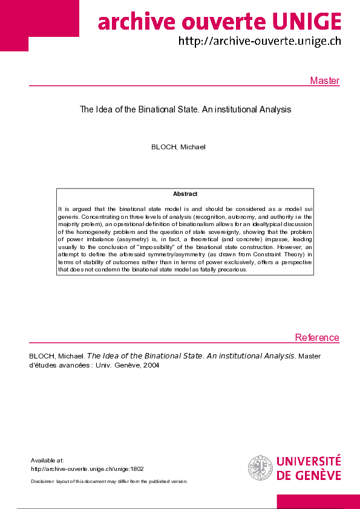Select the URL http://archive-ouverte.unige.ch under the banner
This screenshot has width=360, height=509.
pyautogui.click(x=259, y=41)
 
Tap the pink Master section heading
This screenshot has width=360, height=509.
pyautogui.click(x=324, y=81)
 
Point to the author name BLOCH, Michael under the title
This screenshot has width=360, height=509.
pyautogui.click(x=178, y=147)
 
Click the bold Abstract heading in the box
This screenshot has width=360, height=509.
pyautogui.click(x=185, y=194)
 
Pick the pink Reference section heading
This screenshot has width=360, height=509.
pyautogui.click(x=317, y=337)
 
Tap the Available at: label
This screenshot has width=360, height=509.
pyautogui.click(x=47, y=461)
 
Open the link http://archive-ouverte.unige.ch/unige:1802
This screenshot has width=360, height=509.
pyautogui.click(x=79, y=468)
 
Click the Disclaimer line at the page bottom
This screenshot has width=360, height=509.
pyautogui.click(x=109, y=481)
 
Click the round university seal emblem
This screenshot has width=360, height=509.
pyautogui.click(x=260, y=468)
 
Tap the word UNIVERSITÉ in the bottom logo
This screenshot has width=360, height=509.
pyautogui.click(x=309, y=462)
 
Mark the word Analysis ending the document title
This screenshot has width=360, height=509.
pyautogui.click(x=275, y=110)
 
